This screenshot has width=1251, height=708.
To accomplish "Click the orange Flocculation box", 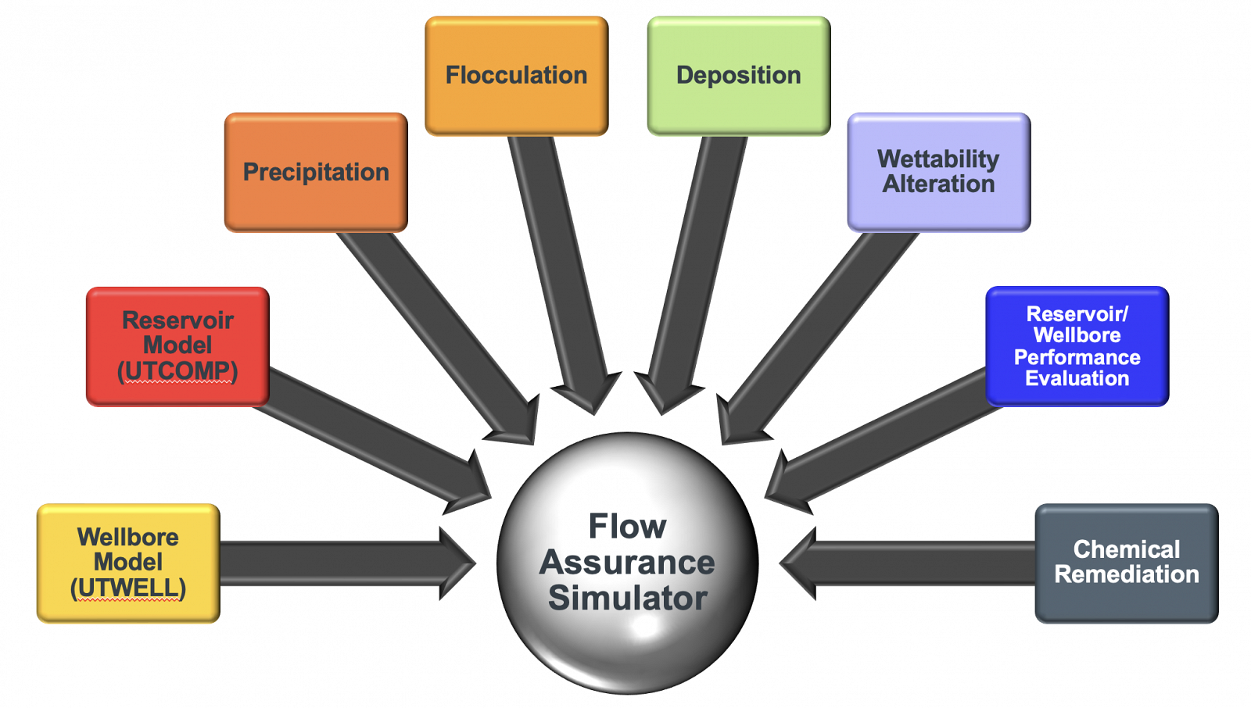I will (516, 75).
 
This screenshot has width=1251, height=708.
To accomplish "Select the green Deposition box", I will (738, 75).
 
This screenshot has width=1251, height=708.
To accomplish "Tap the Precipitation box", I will (316, 172).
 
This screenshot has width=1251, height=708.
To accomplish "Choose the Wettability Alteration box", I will (938, 172).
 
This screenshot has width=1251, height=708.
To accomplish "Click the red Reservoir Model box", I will (177, 345).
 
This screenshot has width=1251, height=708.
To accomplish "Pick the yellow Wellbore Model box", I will (128, 563).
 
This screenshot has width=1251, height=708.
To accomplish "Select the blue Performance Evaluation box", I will (1077, 345).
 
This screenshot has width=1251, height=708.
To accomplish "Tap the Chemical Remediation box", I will (1126, 563).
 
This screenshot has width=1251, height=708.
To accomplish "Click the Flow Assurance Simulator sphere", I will (627, 563).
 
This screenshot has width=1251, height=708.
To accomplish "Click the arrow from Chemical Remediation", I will (907, 563).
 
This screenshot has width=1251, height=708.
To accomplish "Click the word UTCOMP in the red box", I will (177, 370).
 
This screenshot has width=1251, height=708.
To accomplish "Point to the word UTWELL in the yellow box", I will (128, 588).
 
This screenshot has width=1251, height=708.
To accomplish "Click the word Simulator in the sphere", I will (627, 599).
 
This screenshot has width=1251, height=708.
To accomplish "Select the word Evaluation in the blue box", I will (1077, 379).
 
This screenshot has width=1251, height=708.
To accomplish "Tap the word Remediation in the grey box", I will (1126, 574).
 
